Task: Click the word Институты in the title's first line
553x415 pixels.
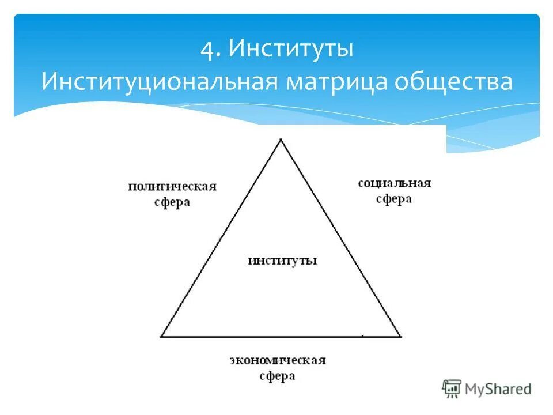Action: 291,48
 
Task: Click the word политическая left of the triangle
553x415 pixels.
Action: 172,187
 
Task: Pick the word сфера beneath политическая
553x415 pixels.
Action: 172,203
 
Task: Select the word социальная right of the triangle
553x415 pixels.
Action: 394,183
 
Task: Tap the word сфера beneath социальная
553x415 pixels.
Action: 394,199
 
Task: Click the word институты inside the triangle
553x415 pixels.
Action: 282,260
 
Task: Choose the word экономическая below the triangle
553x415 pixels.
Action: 278,361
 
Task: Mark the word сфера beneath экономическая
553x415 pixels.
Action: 277,376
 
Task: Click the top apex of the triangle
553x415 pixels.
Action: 281,140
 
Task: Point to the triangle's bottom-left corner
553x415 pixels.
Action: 162,335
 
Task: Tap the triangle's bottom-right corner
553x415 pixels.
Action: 400,335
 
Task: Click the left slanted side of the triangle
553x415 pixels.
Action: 221,237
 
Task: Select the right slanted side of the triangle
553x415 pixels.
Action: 340,237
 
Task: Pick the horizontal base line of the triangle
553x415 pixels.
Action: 281,336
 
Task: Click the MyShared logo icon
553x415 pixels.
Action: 452,388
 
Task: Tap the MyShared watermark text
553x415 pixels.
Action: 498,389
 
